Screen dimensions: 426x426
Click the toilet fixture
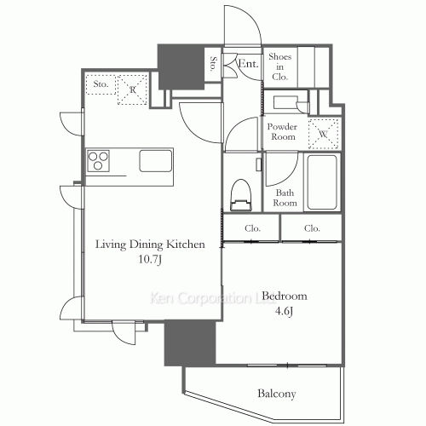pyautogui.click(x=241, y=195)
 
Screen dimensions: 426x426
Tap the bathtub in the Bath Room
pyautogui.click(x=322, y=182)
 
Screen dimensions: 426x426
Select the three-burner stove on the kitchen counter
pyautogui.click(x=98, y=161)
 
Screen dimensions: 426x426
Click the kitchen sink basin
pyautogui.click(x=156, y=161)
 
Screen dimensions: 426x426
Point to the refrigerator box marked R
pyautogui.click(x=132, y=89)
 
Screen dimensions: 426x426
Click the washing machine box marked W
pyautogui.click(x=323, y=134)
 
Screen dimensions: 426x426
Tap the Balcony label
pyautogui.click(x=277, y=394)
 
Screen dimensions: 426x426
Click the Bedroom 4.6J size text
pyautogui.click(x=284, y=312)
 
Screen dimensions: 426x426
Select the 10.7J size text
pyautogui.click(x=150, y=259)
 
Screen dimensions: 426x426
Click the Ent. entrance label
pyautogui.click(x=248, y=63)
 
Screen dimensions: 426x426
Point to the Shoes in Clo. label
pyautogui.click(x=280, y=66)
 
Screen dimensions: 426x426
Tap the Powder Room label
pyautogui.click(x=282, y=131)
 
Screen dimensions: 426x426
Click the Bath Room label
pyautogui.click(x=285, y=198)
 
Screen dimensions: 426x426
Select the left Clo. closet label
pyautogui.click(x=252, y=228)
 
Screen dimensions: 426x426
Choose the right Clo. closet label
pyautogui.click(x=312, y=228)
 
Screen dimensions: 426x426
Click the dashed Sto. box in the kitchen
pyautogui.click(x=101, y=84)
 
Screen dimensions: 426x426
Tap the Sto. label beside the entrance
pyautogui.click(x=213, y=63)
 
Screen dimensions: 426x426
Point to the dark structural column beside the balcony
pyautogui.click(x=190, y=343)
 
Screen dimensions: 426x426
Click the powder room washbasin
pyautogui.click(x=285, y=102)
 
